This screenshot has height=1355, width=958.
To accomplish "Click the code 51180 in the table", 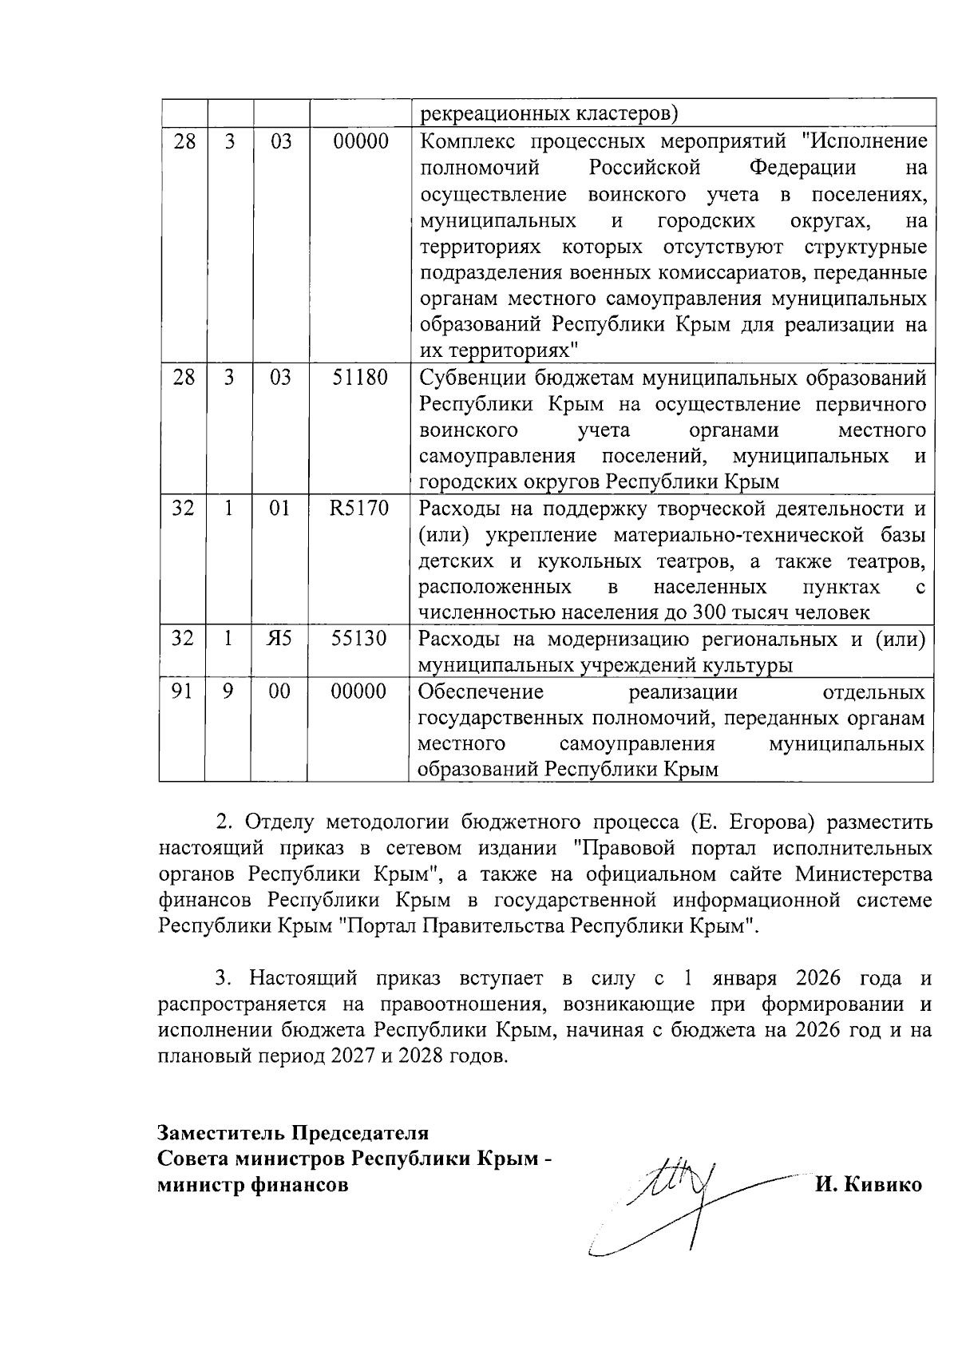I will coord(359,378).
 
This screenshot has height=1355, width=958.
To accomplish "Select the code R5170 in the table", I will coord(359,509).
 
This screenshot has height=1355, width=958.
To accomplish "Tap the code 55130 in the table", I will coord(359,639).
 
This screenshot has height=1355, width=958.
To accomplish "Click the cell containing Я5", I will coord(279,639).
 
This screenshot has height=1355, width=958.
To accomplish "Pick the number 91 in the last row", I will coord(183,691).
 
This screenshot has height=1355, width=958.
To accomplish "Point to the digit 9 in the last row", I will coord(228,691).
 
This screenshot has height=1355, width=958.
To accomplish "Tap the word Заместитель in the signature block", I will coord(220,1133).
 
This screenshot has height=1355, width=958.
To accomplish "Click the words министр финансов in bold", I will coord(253,1185).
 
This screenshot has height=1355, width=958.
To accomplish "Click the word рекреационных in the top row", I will coord(494,114).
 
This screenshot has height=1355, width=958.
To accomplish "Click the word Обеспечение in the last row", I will coord(481,691).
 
